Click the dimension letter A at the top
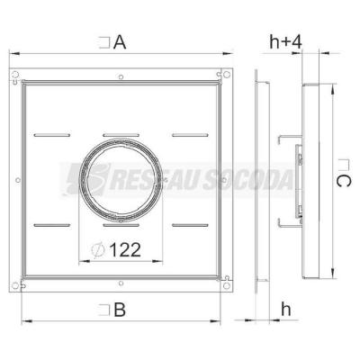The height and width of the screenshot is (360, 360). (x=120, y=42)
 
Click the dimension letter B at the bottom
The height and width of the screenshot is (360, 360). (x=120, y=310)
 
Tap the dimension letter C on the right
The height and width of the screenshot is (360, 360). (x=343, y=181)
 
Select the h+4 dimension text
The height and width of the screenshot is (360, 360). (x=285, y=41)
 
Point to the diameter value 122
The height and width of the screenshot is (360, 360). (x=125, y=249)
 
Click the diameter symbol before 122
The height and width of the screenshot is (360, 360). (x=98, y=250)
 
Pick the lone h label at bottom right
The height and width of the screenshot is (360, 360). (x=286, y=309)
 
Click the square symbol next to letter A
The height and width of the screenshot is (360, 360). (x=104, y=42)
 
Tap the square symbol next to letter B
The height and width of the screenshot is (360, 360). (x=104, y=310)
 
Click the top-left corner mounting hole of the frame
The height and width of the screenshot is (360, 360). (x=15, y=74)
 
